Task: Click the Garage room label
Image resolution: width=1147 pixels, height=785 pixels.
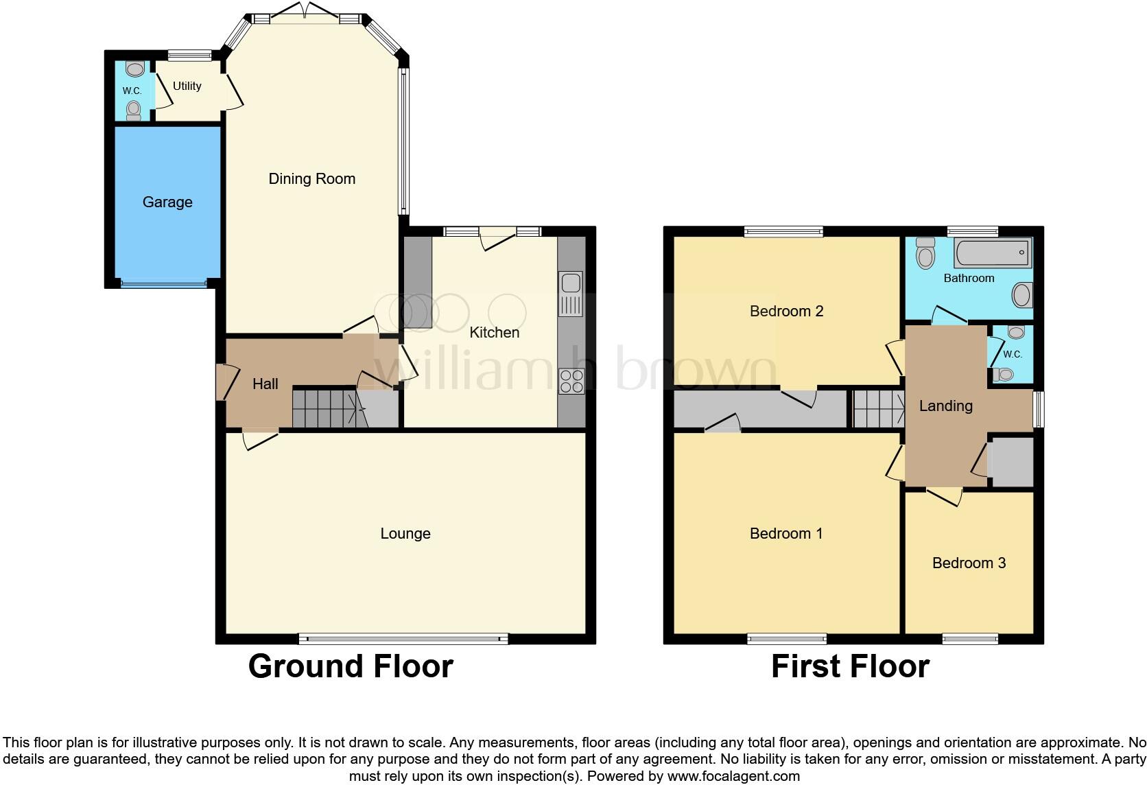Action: click(167, 202)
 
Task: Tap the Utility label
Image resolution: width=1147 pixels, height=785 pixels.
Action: click(187, 86)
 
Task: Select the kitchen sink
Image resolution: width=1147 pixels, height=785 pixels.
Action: click(571, 294)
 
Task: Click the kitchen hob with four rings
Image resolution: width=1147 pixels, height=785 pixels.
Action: click(571, 382)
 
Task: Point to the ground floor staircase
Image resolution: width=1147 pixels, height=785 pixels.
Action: click(328, 408)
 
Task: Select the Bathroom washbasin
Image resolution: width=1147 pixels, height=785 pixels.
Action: click(1021, 296)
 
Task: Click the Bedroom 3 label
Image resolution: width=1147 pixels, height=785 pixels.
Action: click(969, 563)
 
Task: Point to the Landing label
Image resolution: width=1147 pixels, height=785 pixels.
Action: click(945, 406)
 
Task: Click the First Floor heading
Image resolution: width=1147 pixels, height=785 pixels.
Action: click(850, 666)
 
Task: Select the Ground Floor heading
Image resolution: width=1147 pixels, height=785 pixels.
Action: click(351, 666)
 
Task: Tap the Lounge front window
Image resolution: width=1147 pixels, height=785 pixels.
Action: click(403, 639)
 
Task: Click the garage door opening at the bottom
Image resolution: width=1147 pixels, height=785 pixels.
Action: click(163, 283)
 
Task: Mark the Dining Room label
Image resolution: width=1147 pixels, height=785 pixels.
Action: click(311, 179)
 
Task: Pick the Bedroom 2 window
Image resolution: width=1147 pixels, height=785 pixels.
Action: click(783, 232)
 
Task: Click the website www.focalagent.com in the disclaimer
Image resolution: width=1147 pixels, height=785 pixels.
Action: click(733, 777)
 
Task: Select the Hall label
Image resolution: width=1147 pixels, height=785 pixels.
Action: click(265, 384)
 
